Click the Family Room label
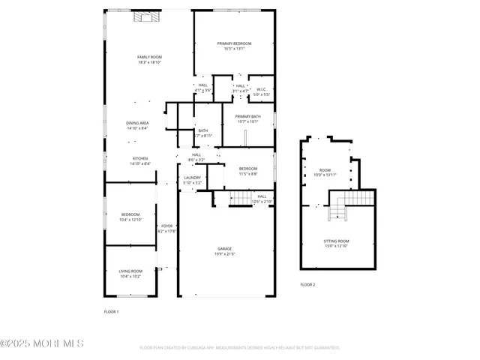(x=149, y=60)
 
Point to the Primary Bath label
(x=247, y=119)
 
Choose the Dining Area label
(x=137, y=125)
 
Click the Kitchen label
(x=140, y=160)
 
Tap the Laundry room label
(x=192, y=180)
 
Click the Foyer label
(x=166, y=228)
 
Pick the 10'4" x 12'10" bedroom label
(x=131, y=217)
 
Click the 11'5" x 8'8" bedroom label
(x=248, y=171)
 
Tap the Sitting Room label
(x=336, y=244)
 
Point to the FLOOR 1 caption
(x=111, y=311)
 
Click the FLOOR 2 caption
(x=307, y=285)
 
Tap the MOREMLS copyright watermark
(x=42, y=344)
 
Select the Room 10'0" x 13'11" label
(x=325, y=172)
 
